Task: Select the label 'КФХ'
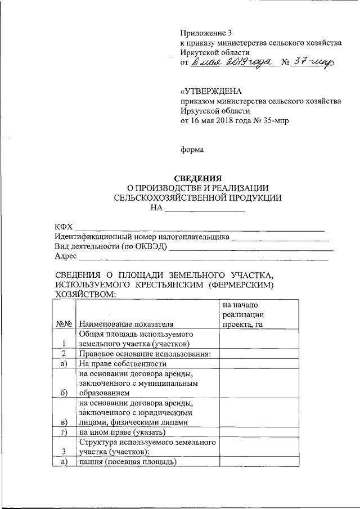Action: click(x=64, y=226)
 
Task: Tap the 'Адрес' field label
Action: click(x=66, y=256)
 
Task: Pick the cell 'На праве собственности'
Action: click(x=119, y=363)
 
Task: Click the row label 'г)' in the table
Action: click(x=64, y=432)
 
